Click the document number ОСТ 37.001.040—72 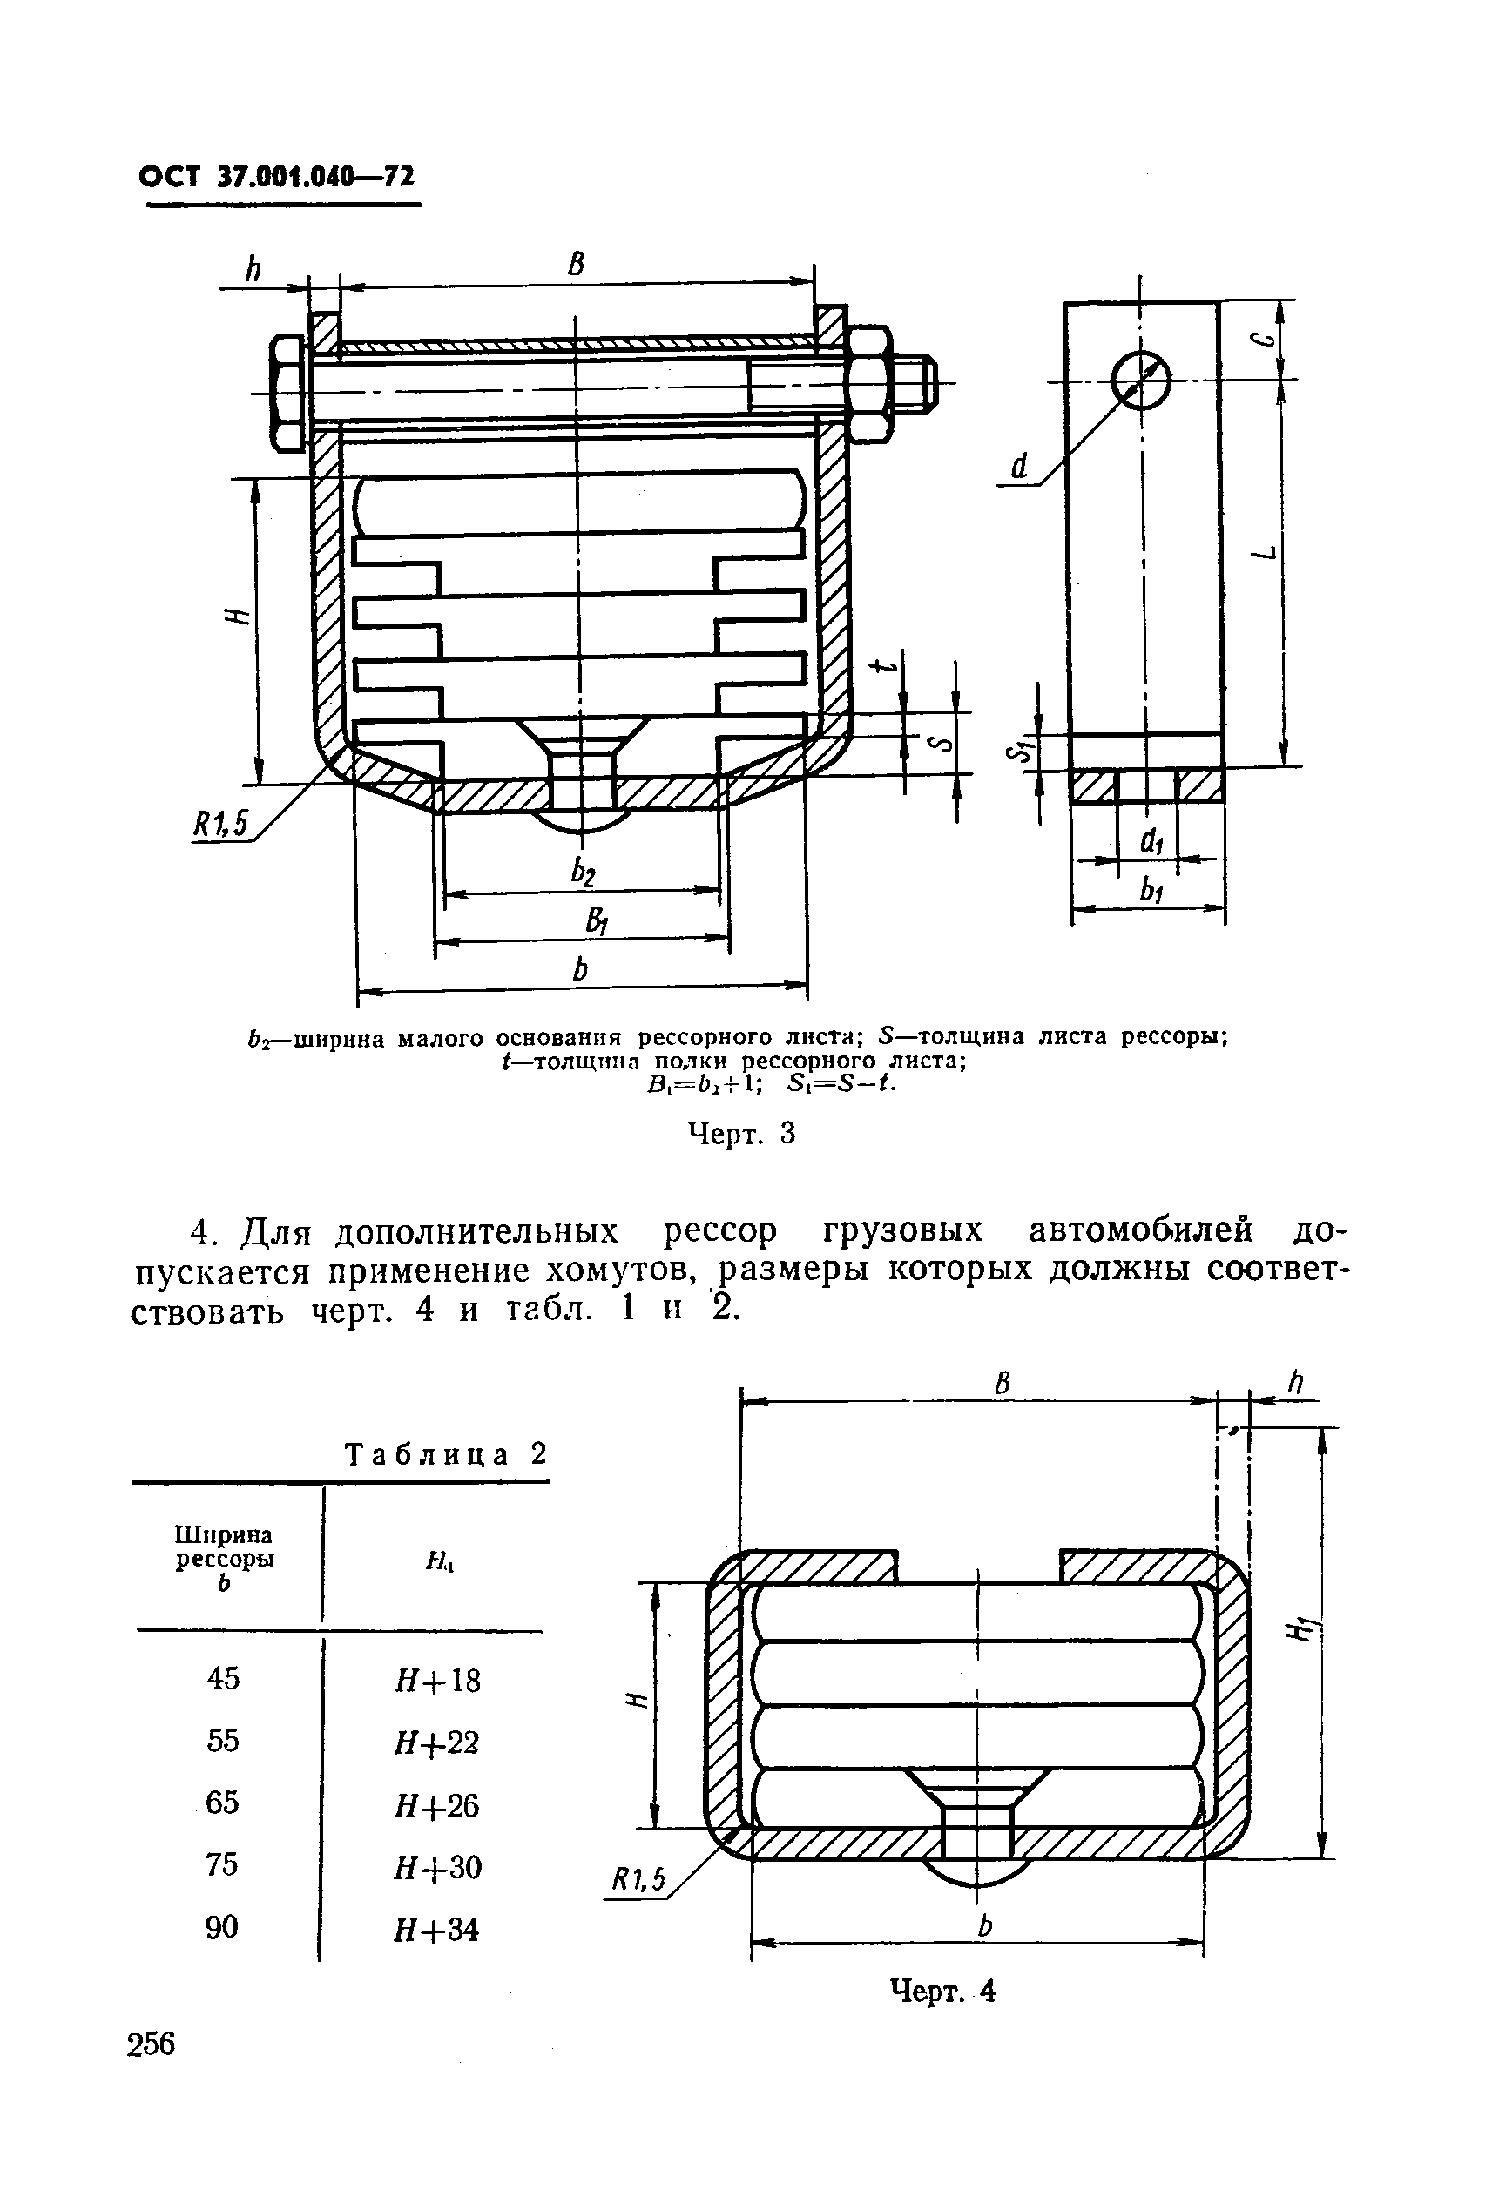coord(277,177)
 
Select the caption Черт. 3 coord(740,1133)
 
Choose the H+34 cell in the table coord(436,1930)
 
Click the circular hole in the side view coord(1140,379)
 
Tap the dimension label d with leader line coord(1020,466)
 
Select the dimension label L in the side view coord(1266,555)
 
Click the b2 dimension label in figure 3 coord(584,872)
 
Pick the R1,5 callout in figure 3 coord(219,823)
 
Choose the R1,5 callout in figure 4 coord(637,1879)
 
